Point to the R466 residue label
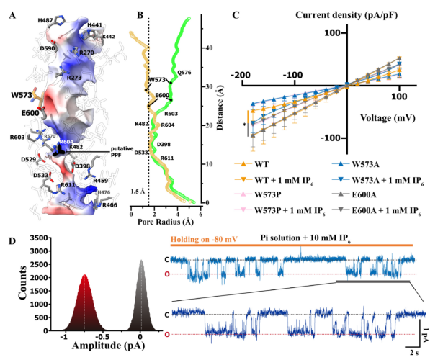pyautogui.click(x=105, y=204)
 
